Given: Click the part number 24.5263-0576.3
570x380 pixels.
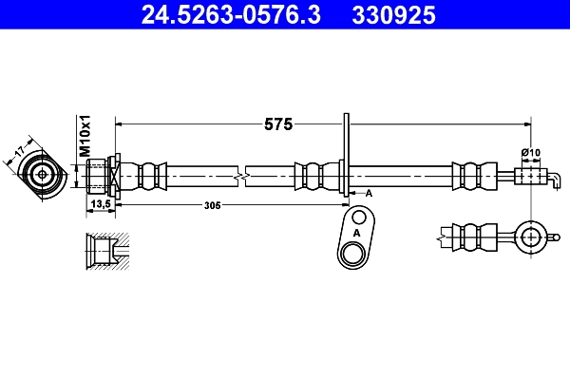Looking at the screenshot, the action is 231,15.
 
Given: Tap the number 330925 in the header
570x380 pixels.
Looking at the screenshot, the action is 393,15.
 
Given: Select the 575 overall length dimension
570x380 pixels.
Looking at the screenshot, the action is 278,124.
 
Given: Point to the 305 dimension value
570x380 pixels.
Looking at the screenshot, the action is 212,205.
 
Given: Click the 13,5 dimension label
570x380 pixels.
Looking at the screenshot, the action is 101,204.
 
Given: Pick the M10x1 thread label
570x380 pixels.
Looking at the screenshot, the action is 85,136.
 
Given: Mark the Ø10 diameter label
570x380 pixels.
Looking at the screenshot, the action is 531,152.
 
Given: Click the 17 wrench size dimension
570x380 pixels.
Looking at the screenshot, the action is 19,150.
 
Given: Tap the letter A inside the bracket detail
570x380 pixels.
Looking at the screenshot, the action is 356,233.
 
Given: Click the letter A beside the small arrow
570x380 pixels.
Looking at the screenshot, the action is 369,194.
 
